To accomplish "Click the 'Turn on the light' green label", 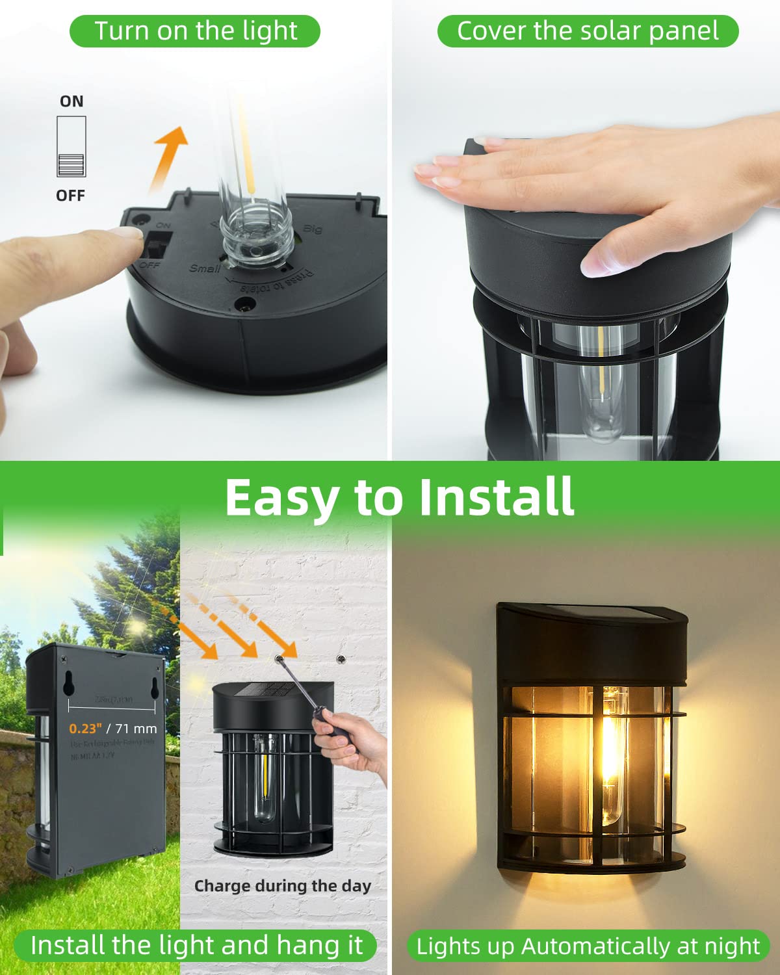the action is [195, 31].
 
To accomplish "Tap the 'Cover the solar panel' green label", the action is [588, 31].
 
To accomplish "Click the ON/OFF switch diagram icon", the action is [71, 147].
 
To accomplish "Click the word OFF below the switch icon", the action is [70, 195].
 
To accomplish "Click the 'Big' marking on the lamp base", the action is [313, 229].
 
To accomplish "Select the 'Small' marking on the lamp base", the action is [203, 268].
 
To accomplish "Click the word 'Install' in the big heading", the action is [496, 497].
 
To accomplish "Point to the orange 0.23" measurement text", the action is [85, 729].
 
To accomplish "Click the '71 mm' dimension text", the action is [136, 729].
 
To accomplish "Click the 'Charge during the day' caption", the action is [282, 886].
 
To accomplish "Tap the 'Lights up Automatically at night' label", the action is [588, 946].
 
